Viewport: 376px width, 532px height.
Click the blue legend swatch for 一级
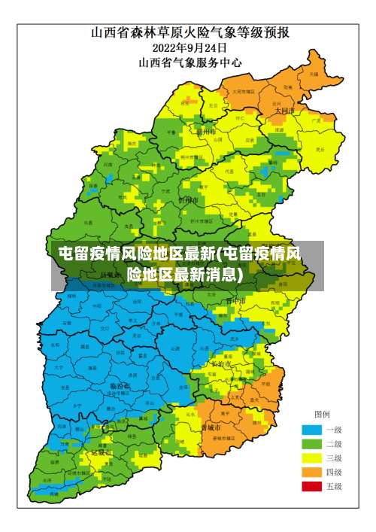[311, 430]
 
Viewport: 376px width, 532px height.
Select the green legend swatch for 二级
[311, 444]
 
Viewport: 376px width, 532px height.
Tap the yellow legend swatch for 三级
[311, 458]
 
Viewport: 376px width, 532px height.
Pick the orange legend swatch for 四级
[311, 473]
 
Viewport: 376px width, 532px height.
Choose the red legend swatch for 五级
[311, 487]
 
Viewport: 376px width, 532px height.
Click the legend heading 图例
[322, 415]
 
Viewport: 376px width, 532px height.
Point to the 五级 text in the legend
[333, 487]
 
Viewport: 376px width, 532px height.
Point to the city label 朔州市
[205, 131]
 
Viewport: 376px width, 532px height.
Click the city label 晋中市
[236, 300]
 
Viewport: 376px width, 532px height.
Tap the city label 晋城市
[211, 427]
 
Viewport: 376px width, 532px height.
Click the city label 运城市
[101, 453]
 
